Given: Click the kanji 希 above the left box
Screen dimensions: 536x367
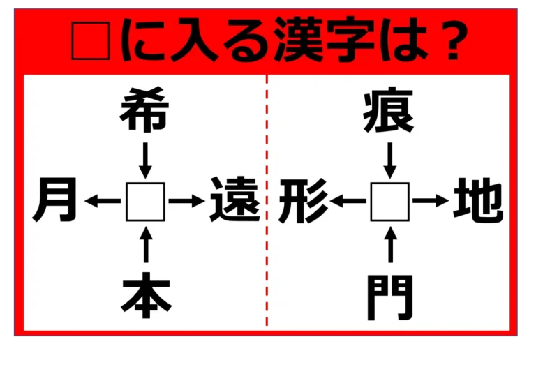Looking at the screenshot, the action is point(144,110).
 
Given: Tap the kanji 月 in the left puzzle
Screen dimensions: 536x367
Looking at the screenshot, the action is point(55,200).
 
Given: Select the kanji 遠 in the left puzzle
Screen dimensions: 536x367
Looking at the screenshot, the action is point(234,200).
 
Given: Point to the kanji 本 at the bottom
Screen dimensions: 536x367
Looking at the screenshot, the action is point(146,295).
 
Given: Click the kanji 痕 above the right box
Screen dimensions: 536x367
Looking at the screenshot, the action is point(389,110).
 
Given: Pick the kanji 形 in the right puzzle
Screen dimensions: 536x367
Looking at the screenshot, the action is point(304,200).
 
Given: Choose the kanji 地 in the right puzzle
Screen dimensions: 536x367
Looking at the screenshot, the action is point(478,200).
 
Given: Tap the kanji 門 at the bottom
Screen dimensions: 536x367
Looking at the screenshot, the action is point(390,298).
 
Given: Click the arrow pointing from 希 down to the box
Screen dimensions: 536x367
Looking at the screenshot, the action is point(146,160).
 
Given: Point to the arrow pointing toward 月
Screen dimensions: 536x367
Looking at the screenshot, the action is point(103,200).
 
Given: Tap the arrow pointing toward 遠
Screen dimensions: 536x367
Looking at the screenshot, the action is point(186,200).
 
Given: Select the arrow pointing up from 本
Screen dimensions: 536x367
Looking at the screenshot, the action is point(146,245).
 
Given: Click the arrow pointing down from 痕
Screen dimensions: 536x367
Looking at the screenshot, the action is point(390,160).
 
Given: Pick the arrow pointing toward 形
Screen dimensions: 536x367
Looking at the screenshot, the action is point(348,200).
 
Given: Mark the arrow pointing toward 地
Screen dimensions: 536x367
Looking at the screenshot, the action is point(431,200).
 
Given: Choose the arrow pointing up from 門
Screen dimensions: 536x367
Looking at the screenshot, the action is point(390,245).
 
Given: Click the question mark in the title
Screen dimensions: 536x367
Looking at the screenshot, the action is point(452,40).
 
